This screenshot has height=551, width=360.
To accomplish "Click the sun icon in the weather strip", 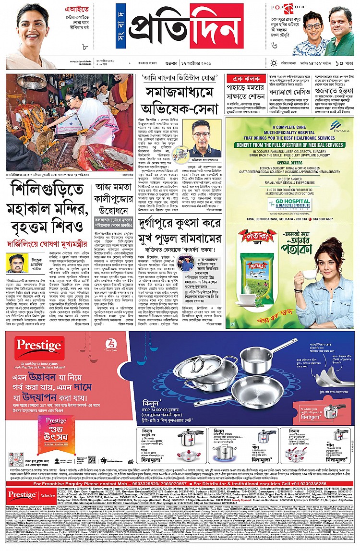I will pyautogui.click(x=274, y=63).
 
